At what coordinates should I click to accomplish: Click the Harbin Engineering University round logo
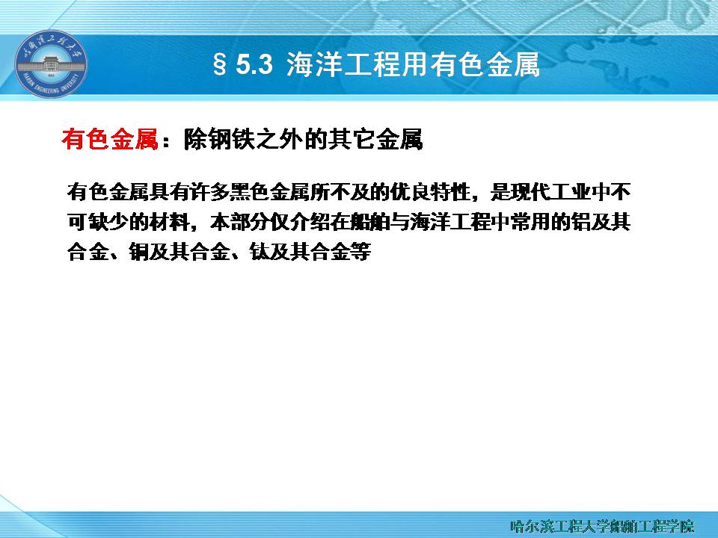tap(51, 64)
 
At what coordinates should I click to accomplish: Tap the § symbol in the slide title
tap(220, 64)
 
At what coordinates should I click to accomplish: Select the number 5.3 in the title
tap(254, 64)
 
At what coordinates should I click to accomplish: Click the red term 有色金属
tap(110, 139)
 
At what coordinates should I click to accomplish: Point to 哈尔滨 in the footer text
tap(533, 526)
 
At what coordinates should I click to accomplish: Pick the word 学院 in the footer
tap(680, 526)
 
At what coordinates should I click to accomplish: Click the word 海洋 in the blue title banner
tap(315, 64)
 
